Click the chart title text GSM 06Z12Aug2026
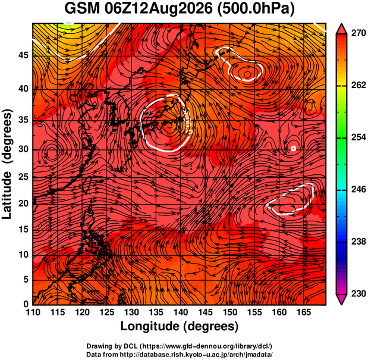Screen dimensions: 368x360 139,9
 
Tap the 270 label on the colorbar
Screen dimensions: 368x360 358,33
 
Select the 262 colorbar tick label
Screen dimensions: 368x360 358,85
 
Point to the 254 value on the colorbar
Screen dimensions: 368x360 358,137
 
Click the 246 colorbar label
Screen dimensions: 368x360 358,189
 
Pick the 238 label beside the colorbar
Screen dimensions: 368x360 358,242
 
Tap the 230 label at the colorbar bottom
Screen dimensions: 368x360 358,293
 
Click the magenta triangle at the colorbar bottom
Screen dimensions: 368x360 341,299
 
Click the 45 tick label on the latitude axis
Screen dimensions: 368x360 23,55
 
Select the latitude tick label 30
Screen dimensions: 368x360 23,149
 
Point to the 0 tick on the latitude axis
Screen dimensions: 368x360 26,304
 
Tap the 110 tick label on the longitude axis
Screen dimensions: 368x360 33,312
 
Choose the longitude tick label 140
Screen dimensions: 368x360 181,312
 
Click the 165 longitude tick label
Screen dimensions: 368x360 304,312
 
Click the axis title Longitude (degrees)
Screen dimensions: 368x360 180,327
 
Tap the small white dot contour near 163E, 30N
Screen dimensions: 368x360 293,148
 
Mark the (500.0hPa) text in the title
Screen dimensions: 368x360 256,10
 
